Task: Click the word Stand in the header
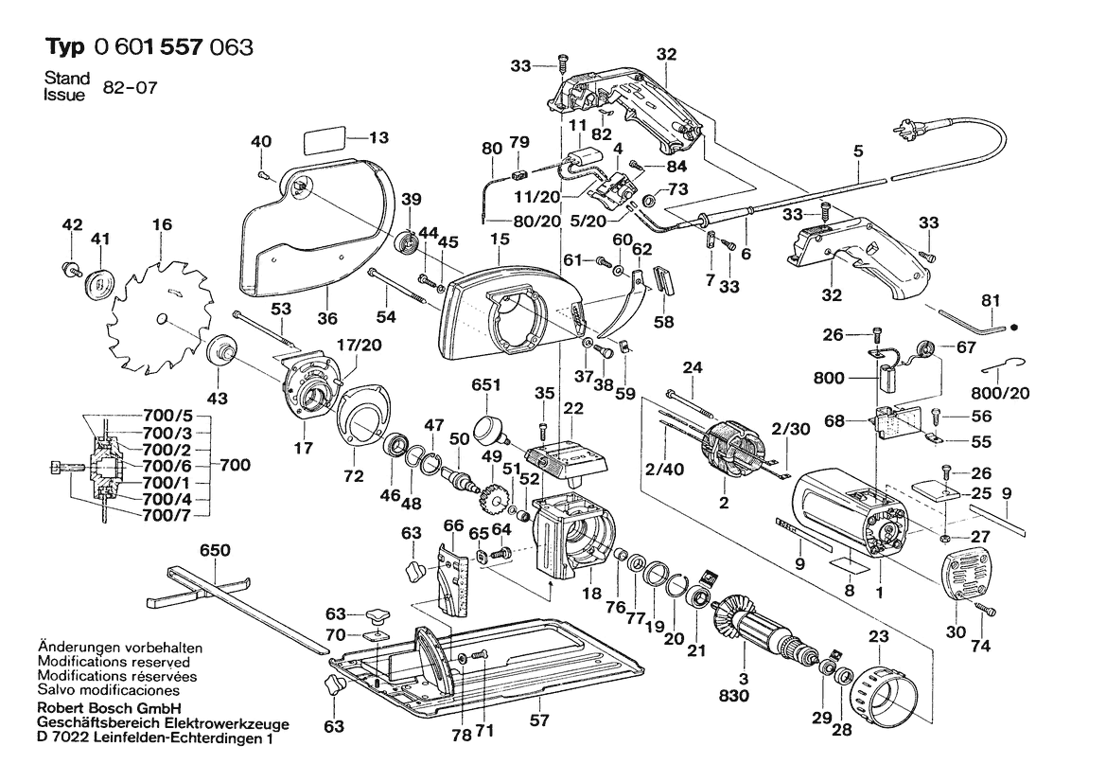click(x=67, y=78)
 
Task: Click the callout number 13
click(x=378, y=137)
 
